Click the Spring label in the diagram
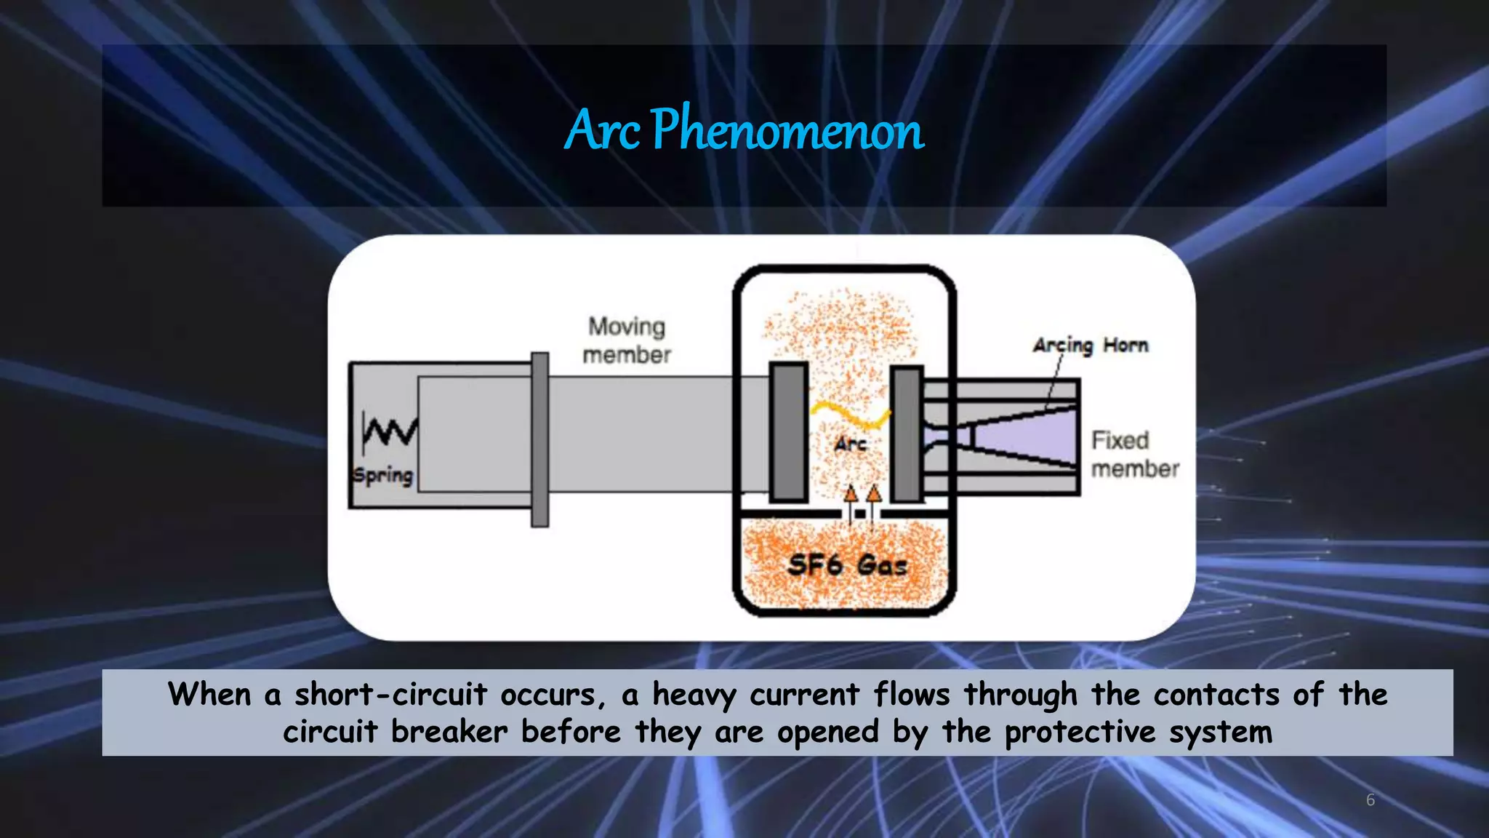pos(383,476)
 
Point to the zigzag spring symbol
pos(390,431)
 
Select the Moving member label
pos(627,340)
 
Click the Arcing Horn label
pos(1091,345)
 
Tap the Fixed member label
pos(1134,454)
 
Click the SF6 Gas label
pos(847,565)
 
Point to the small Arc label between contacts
pos(850,443)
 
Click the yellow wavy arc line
pos(851,415)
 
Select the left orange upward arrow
pos(851,495)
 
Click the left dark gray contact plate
pos(789,431)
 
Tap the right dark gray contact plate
pos(907,434)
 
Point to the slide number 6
pos(1370,800)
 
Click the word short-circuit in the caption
pos(390,694)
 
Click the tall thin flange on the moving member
pos(539,439)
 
